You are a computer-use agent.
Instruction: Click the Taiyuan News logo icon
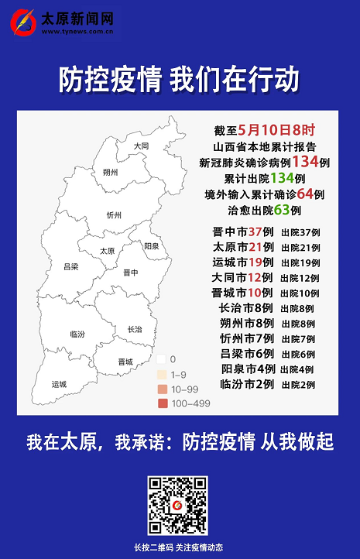click(x=23, y=21)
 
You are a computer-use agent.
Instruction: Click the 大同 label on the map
click(x=140, y=146)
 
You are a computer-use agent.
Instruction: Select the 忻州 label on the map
click(x=115, y=216)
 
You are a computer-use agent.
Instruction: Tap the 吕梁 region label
click(x=70, y=266)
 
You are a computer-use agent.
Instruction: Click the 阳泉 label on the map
click(x=152, y=245)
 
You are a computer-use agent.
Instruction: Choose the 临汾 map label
click(x=77, y=334)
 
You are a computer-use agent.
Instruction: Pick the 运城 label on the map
click(x=59, y=384)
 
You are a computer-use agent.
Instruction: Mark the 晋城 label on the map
click(x=125, y=362)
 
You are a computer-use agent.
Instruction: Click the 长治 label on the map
click(x=135, y=329)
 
